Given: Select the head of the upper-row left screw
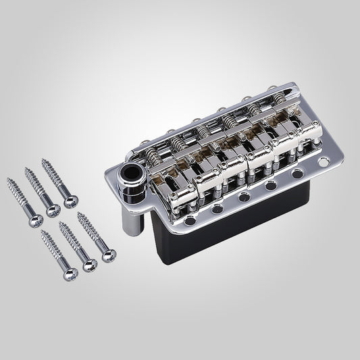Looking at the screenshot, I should [32, 211].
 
